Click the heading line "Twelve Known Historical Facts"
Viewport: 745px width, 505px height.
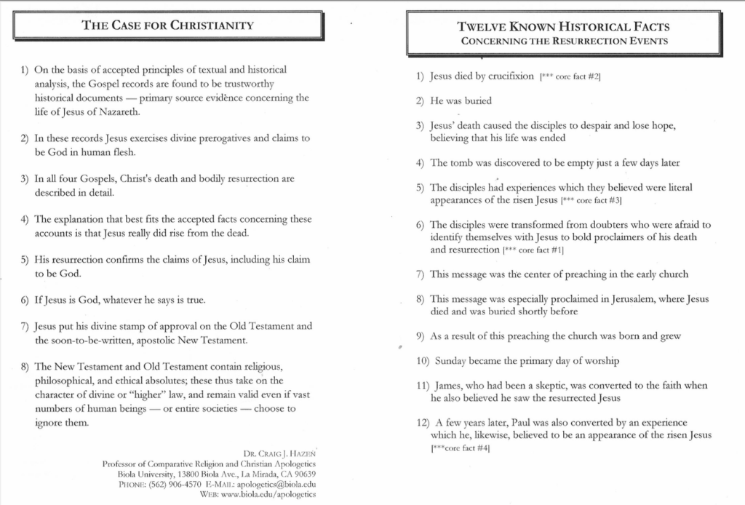click(564, 27)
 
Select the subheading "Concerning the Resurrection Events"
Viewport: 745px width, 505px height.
click(564, 41)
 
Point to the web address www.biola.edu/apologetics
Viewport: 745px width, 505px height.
click(266, 494)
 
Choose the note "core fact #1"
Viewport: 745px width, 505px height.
click(542, 250)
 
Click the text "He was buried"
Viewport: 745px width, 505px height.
click(461, 100)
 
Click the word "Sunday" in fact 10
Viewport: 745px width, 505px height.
click(452, 361)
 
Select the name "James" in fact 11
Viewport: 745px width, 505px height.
click(448, 385)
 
